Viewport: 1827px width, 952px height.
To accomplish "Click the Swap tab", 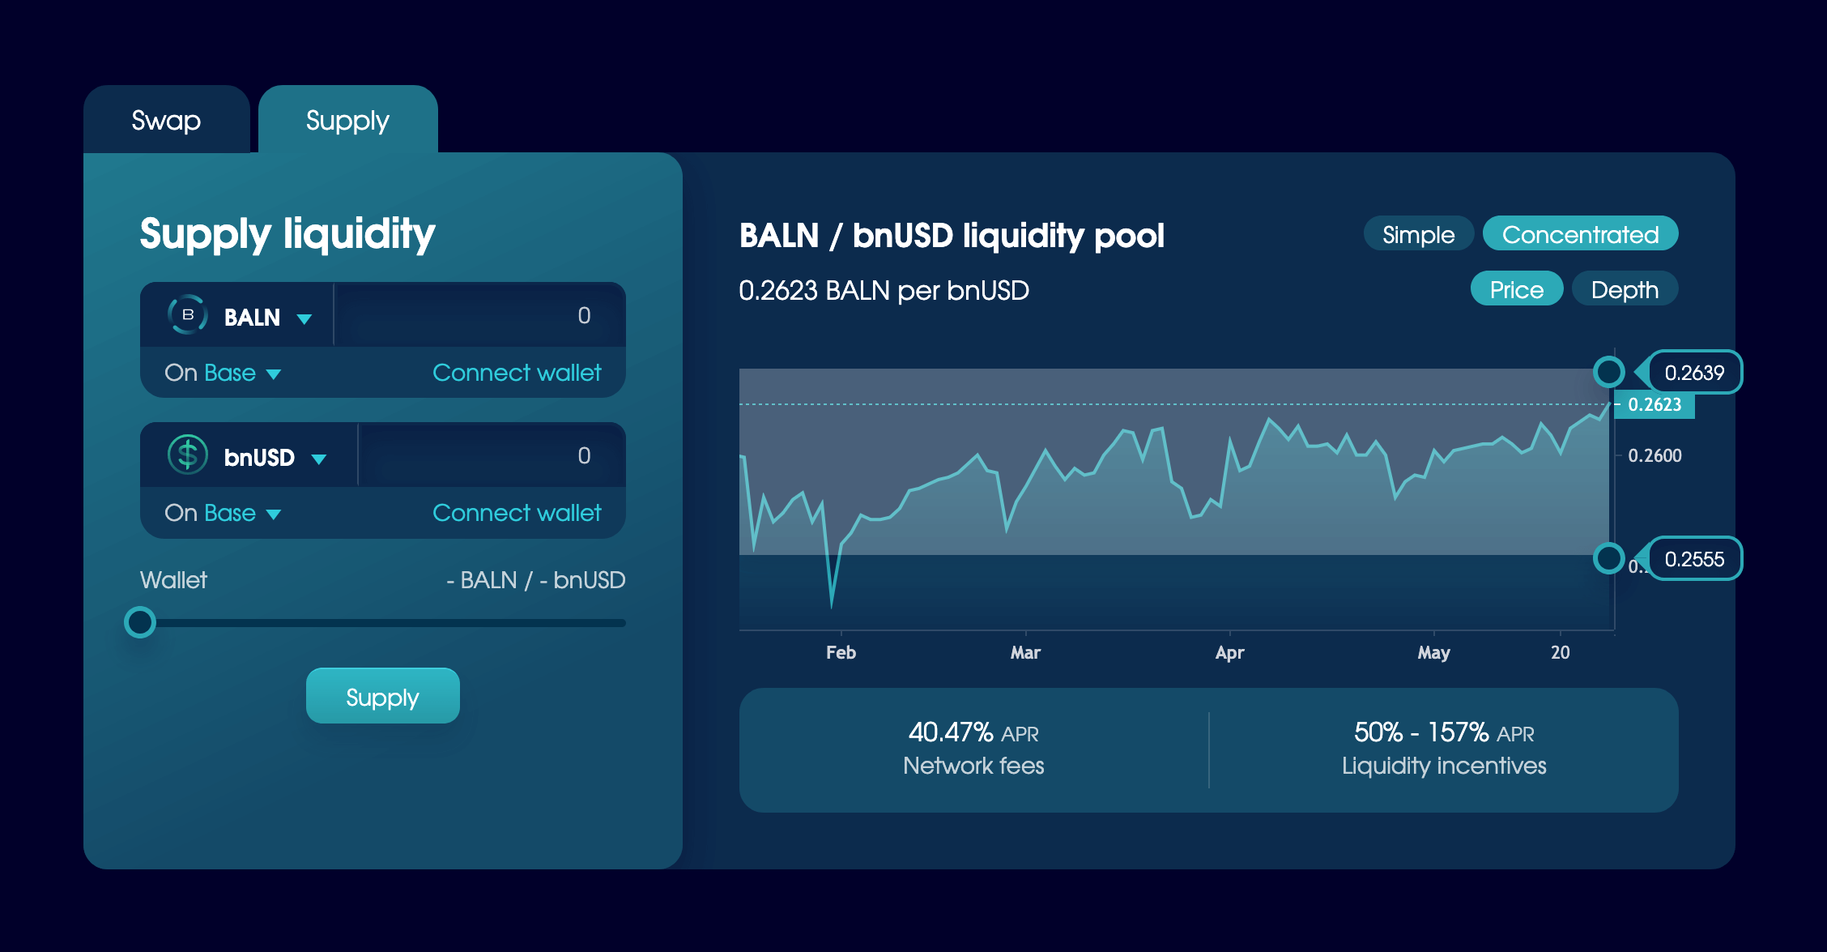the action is pos(166,120).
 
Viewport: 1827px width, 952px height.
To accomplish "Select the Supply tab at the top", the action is pos(347,120).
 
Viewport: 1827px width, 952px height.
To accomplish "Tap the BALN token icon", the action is pos(188,315).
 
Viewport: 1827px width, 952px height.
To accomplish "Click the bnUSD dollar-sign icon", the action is pos(188,455).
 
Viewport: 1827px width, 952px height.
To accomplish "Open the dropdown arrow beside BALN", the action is pos(304,318).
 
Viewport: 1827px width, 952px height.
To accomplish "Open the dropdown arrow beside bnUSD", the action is pos(319,459).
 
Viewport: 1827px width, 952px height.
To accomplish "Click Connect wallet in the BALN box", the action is pos(517,373).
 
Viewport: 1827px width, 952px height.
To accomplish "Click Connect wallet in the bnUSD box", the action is pos(517,513).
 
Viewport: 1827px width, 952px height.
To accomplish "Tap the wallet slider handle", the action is pos(140,622).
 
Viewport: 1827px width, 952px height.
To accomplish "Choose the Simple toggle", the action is pos(1418,235).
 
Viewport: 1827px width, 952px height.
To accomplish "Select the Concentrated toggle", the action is pos(1580,235).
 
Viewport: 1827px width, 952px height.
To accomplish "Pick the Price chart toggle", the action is pos(1516,289).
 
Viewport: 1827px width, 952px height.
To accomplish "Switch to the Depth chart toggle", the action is pos(1625,289).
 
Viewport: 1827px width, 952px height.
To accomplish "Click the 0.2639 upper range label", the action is pos(1694,373).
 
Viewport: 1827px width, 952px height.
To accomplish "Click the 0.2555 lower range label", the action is pos(1694,559).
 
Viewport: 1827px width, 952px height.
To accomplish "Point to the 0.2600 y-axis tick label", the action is pos(1655,456).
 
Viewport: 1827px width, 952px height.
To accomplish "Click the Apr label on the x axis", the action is pos(1229,653).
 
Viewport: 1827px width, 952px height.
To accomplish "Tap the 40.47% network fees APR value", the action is pos(951,732).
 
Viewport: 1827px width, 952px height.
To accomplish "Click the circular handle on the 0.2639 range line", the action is pos(1608,372).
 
